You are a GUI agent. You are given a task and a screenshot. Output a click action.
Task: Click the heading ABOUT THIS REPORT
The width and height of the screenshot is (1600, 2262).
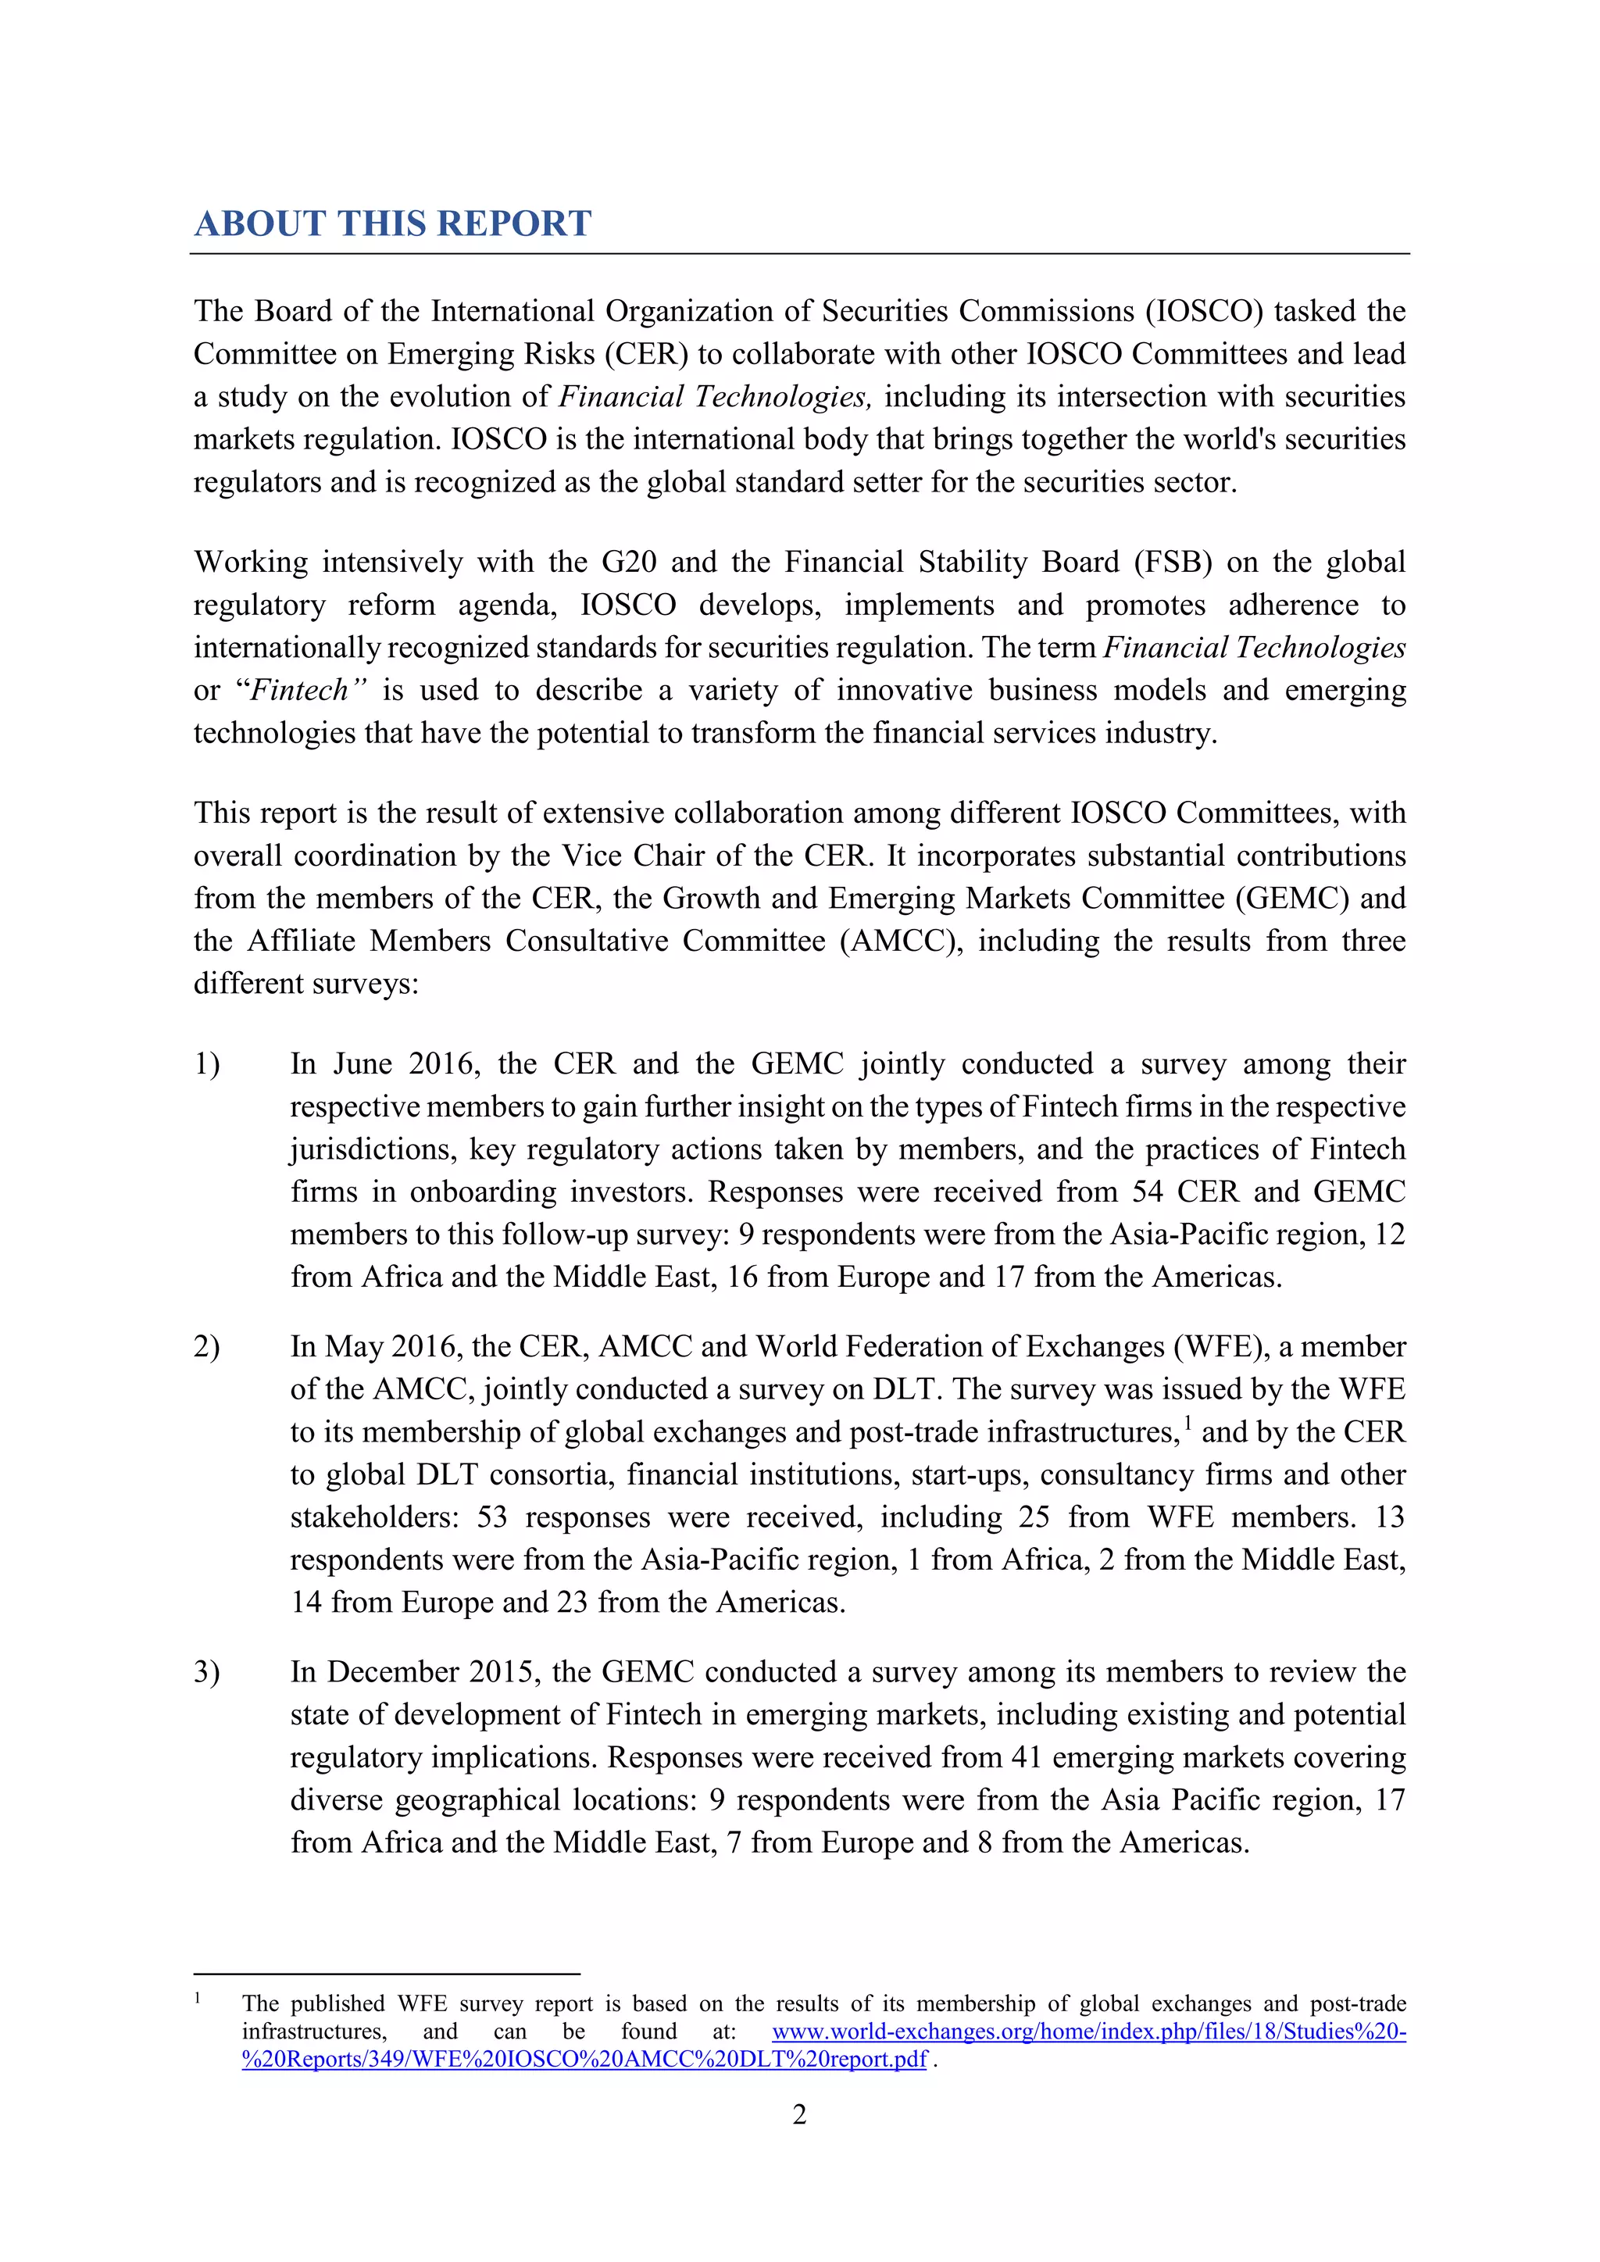(x=392, y=223)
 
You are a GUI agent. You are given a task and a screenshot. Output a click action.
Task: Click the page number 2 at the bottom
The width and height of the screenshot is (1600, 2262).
(x=799, y=2114)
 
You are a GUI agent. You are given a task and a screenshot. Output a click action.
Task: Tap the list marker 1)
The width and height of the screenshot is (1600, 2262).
(x=207, y=1064)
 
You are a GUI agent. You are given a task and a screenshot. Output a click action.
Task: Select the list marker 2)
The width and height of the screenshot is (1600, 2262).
(x=207, y=1347)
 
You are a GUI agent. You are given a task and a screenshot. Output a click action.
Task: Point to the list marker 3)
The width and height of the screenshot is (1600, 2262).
(x=207, y=1672)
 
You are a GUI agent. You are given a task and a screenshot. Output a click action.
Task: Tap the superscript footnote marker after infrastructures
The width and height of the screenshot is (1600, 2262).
(x=1187, y=1423)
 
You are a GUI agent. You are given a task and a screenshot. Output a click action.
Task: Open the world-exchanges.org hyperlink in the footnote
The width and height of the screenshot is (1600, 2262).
(x=1087, y=2032)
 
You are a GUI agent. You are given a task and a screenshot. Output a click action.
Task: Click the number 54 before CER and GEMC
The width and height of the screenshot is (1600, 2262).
(x=1147, y=1192)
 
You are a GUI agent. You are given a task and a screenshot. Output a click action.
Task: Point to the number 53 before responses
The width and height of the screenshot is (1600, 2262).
(x=491, y=1517)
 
